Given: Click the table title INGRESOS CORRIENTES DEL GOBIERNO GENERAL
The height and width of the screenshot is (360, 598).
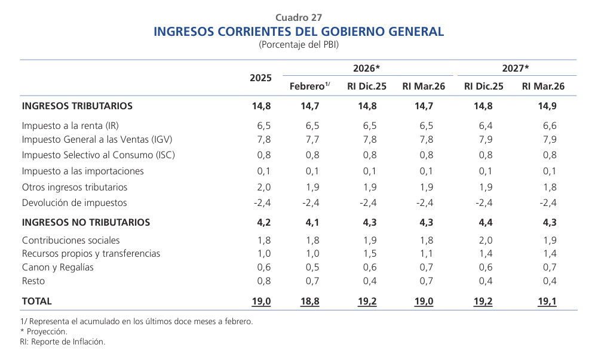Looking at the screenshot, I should click(x=299, y=32).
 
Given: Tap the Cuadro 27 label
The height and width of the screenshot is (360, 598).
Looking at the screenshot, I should click(x=299, y=17).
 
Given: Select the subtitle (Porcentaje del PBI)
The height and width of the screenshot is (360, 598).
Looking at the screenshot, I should click(x=299, y=45).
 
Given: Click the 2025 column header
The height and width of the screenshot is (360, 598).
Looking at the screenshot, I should click(x=260, y=78).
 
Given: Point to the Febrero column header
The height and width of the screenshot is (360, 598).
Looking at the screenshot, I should click(x=309, y=87).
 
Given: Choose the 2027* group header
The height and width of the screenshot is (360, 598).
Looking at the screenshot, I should click(x=516, y=68).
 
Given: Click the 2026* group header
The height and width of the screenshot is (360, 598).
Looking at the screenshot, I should click(x=366, y=68).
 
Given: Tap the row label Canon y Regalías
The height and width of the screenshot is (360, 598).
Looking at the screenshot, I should click(x=58, y=267).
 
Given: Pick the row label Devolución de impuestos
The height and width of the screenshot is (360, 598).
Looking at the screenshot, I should click(x=75, y=202).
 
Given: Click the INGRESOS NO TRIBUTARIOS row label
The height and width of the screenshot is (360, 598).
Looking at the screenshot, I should click(x=86, y=223).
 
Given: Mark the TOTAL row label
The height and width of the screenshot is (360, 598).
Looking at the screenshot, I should click(x=37, y=301).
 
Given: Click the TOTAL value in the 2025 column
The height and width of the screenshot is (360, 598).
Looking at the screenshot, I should click(x=262, y=302).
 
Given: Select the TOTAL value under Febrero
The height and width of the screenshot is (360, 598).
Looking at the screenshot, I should click(x=309, y=302).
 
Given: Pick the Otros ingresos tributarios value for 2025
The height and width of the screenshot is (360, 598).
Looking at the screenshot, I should click(x=264, y=187).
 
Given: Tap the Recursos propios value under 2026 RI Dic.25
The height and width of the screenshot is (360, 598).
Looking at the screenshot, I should click(x=370, y=254).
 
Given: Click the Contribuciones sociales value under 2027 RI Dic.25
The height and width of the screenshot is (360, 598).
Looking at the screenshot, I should click(x=485, y=240).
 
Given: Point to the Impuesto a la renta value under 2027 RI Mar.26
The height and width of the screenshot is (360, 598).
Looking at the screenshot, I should click(x=549, y=126).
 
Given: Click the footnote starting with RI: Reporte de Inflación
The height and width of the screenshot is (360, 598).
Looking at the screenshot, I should click(x=63, y=342).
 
